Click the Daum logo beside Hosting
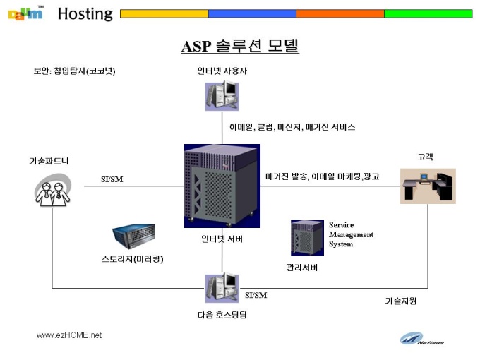tap(26, 13)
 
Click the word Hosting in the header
tap(85, 14)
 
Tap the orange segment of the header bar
tap(340, 14)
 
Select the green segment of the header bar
tap(428, 14)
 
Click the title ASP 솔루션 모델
tap(240, 46)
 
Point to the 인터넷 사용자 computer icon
tap(222, 95)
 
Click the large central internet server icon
tap(222, 186)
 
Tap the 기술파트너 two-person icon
tap(53, 190)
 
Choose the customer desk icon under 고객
tap(428, 186)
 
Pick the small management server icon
tap(307, 238)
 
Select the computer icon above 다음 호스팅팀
tap(222, 288)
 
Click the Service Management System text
tap(351, 234)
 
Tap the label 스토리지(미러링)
tap(132, 259)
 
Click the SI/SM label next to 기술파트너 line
tap(112, 179)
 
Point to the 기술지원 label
tap(401, 301)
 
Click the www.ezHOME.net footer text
tap(69, 335)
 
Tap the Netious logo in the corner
tap(421, 339)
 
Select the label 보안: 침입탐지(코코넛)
tap(74, 71)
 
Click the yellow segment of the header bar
tap(164, 14)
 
